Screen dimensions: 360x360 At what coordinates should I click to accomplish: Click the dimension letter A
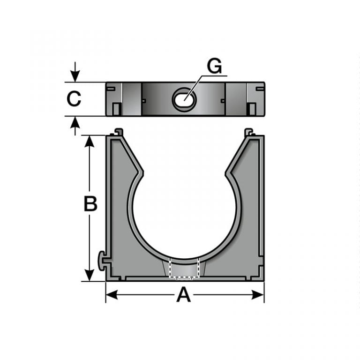184,295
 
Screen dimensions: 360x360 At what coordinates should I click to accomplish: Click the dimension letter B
90,204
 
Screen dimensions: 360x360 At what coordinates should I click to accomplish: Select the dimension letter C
74,99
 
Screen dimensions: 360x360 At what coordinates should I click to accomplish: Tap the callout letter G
214,67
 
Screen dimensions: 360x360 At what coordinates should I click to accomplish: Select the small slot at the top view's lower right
251,109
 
